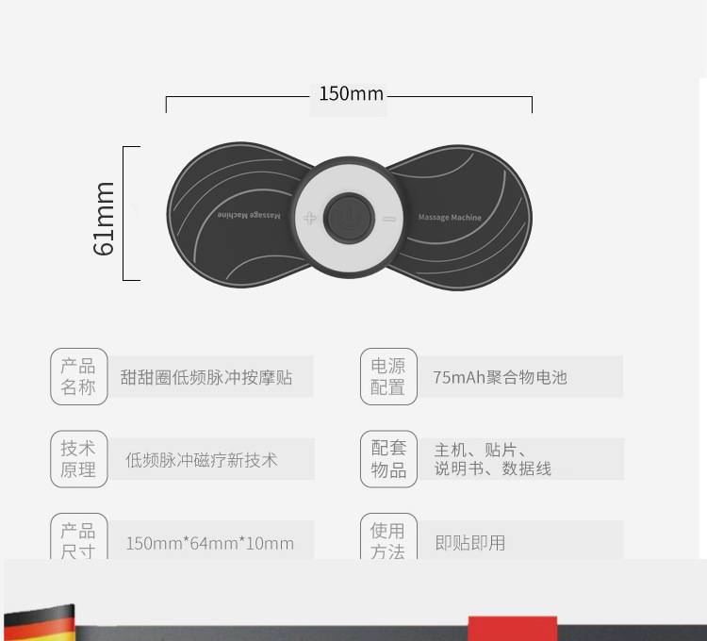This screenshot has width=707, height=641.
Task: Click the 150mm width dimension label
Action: [351, 93]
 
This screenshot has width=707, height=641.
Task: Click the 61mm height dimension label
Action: [104, 218]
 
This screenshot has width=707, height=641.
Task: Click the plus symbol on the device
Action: [309, 218]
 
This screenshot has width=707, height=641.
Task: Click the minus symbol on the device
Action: [389, 218]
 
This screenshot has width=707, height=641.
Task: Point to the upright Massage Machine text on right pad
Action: [449, 218]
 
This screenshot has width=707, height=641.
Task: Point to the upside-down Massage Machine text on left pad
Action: [249, 215]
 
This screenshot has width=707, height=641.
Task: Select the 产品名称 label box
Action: [78, 376]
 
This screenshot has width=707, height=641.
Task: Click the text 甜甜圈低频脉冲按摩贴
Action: [206, 377]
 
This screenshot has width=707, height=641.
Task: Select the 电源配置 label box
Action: [388, 376]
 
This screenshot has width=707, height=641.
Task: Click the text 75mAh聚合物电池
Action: [500, 377]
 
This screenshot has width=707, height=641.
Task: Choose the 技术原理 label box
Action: [78, 459]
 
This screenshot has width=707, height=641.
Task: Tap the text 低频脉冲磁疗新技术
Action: [202, 460]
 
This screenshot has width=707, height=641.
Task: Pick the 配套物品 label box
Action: [388, 459]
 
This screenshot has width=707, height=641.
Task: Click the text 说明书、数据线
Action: [493, 468]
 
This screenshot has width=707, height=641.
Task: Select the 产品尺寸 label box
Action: [78, 540]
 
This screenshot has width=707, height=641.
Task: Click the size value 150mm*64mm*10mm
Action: [209, 543]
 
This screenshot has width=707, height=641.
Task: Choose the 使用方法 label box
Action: [388, 540]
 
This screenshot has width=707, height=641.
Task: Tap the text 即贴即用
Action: [469, 543]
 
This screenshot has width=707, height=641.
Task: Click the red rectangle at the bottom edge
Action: [512, 628]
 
